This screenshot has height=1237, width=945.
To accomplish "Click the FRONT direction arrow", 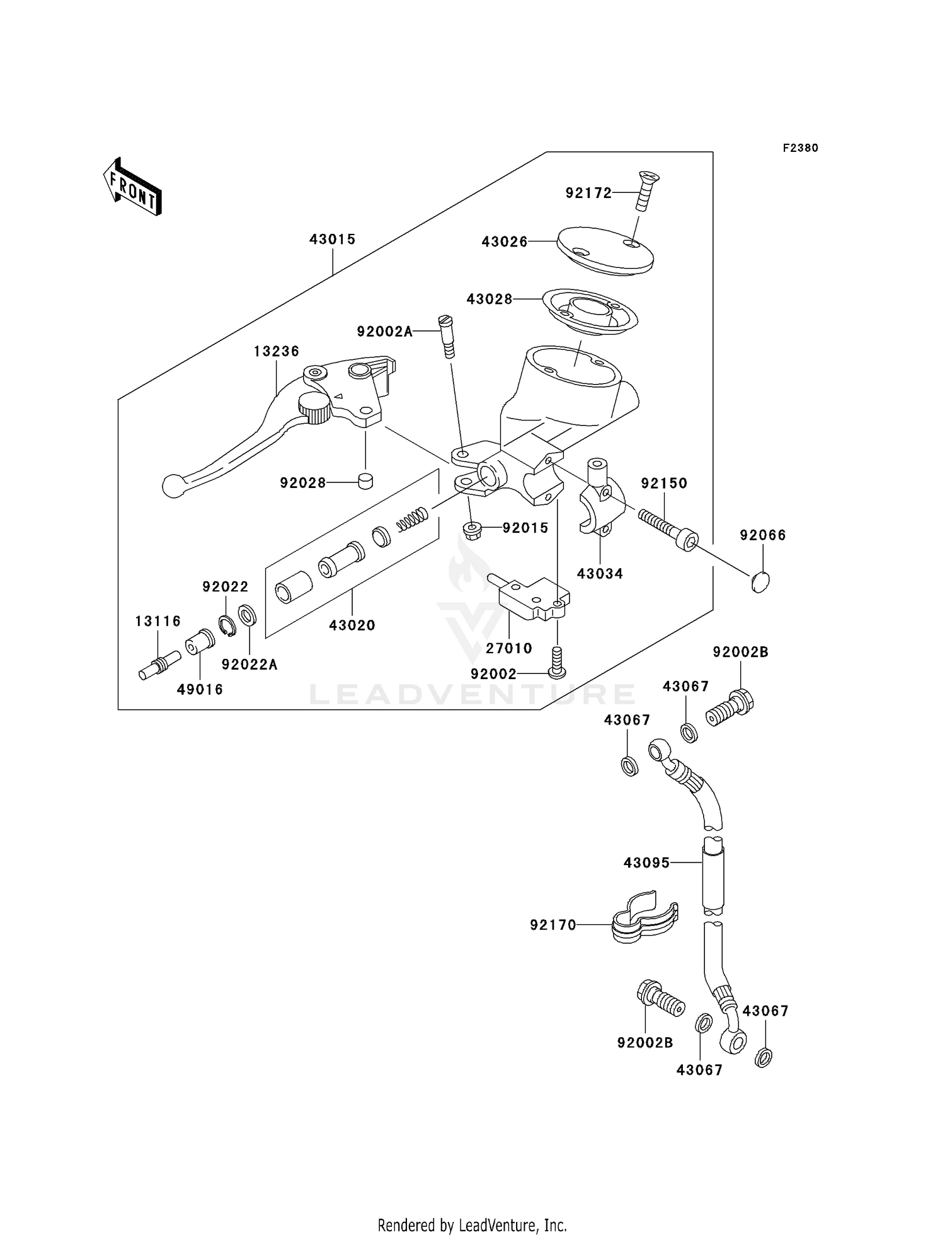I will tap(133, 189).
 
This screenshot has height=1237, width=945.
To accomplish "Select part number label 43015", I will tap(333, 240).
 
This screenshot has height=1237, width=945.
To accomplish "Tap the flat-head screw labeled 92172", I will tap(643, 191).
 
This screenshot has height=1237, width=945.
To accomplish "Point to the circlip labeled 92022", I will tap(227, 625).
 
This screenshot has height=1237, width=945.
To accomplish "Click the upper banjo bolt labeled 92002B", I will tap(731, 709).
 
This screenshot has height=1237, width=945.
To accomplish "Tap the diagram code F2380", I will tap(800, 148).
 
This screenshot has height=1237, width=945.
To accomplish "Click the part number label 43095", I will tap(646, 862).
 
